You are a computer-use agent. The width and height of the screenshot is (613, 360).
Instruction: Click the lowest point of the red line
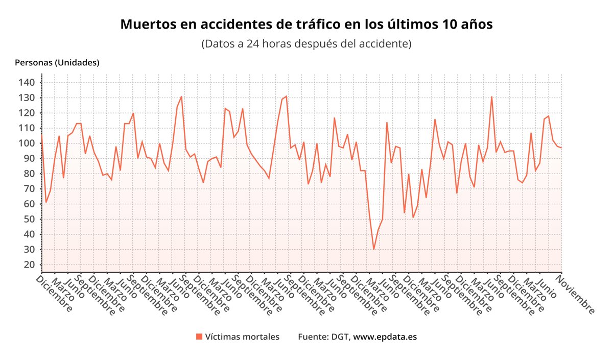tap(374, 249)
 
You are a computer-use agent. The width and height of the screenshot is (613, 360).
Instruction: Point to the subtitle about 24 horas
tap(306, 43)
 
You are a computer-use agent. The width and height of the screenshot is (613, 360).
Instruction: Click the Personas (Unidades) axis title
tap(57, 63)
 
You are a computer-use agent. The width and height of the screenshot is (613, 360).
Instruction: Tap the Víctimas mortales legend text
tap(242, 337)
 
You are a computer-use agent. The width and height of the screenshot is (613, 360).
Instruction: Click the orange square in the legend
tap(199, 337)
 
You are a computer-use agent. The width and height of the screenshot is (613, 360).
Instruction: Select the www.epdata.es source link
tap(385, 337)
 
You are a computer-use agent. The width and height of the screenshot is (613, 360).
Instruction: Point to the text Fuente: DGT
tap(324, 337)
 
